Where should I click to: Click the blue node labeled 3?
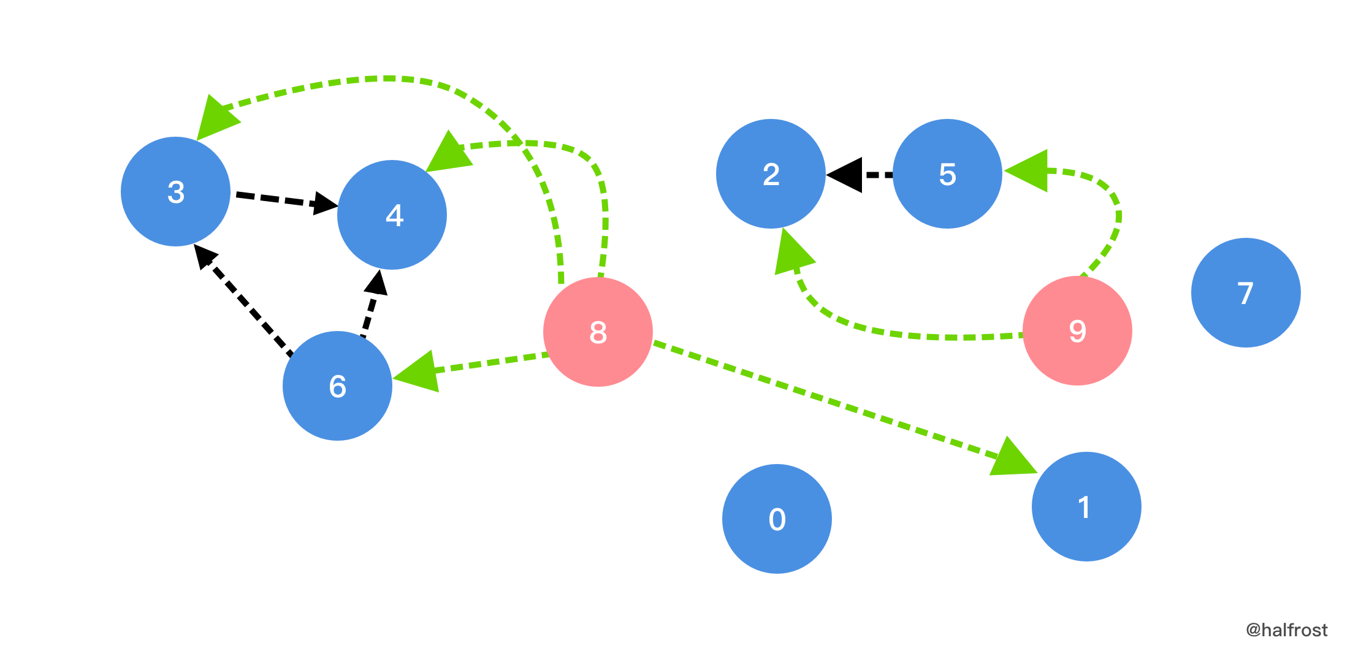tap(175, 191)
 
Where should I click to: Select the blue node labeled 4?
tap(392, 215)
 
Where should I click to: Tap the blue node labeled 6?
tap(337, 386)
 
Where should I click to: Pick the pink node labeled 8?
tap(598, 332)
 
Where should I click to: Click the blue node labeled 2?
tap(771, 173)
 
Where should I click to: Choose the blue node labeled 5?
tap(947, 173)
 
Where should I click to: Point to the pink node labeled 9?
tap(1077, 330)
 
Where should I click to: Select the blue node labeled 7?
tap(1246, 292)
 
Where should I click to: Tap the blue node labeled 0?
tap(777, 519)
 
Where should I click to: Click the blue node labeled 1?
tap(1086, 506)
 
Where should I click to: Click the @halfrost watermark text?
tap(1287, 630)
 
